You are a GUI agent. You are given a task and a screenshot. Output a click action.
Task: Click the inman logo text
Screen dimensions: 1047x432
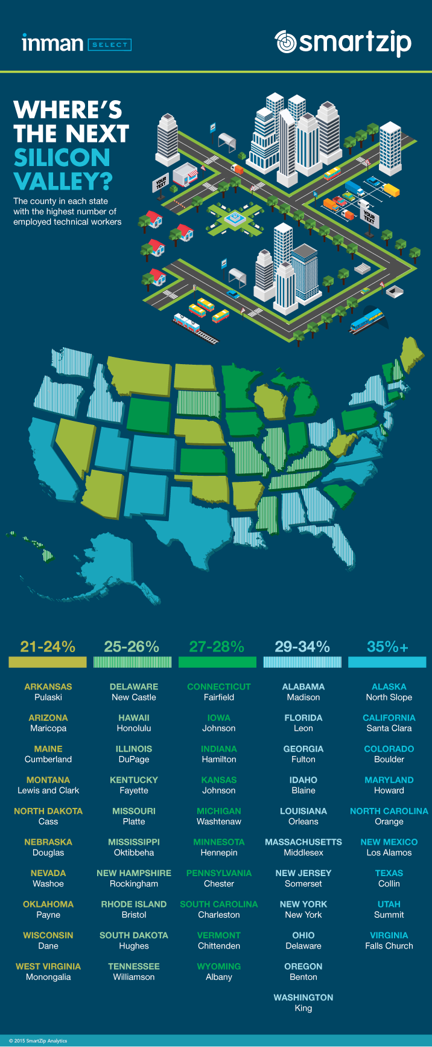pos(52,43)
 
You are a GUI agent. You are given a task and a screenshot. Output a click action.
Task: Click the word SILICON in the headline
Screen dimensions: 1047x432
pos(62,158)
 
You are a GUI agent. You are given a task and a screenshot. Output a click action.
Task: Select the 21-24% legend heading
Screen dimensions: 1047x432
pos(48,647)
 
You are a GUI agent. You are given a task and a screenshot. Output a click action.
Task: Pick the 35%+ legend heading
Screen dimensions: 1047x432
pos(387,647)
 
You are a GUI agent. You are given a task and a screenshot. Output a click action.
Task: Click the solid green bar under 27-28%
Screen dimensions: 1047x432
pos(217,662)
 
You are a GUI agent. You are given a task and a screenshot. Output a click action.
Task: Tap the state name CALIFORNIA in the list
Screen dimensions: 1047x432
pos(389,718)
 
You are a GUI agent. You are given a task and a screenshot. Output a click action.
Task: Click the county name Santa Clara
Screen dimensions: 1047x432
pos(389,728)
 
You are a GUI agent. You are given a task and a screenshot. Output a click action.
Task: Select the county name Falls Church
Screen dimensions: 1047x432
pos(389,946)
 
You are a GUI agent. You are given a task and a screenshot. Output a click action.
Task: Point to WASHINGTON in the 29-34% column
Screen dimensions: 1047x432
pos(303,997)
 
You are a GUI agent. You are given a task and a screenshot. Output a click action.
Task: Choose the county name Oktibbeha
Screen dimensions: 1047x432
pos(134,853)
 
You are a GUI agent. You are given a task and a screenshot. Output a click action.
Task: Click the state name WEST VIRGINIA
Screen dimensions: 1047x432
pos(48,966)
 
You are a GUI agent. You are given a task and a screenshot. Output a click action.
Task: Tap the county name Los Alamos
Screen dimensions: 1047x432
pos(389,853)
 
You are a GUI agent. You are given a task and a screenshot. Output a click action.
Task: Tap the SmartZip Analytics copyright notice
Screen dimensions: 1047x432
pos(38,1041)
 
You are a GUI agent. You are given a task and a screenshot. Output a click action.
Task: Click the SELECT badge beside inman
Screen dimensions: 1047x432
pos(109,45)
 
